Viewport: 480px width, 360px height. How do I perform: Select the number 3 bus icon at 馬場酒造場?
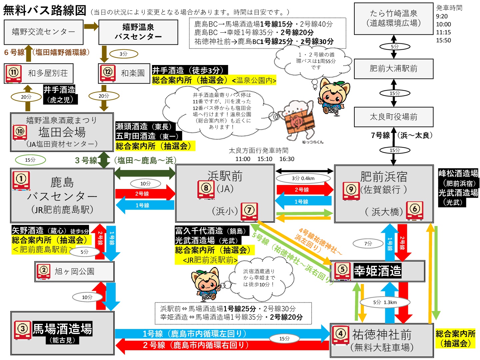tap(23, 330)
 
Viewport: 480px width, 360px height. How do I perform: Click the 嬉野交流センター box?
tap(43, 32)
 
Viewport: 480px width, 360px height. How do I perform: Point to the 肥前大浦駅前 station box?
tap(393, 69)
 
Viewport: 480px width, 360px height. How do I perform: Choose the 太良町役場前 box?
tap(393, 117)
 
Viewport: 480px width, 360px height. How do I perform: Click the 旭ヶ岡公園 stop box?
tap(74, 271)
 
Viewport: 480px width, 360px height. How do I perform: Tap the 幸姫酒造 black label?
tap(377, 271)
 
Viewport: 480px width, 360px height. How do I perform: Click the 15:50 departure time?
tap(443, 40)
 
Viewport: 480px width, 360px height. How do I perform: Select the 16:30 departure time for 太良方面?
tap(287, 159)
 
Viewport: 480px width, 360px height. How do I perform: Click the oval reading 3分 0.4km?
tap(303, 178)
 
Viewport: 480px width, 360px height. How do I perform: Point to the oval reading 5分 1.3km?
tap(385, 302)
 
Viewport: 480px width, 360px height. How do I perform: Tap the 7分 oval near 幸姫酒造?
tap(368, 244)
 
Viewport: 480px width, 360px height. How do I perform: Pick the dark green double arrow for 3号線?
tap(145, 173)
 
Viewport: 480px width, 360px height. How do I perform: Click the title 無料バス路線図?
tap(45, 10)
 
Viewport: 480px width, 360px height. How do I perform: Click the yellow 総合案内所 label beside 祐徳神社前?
tap(455, 338)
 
